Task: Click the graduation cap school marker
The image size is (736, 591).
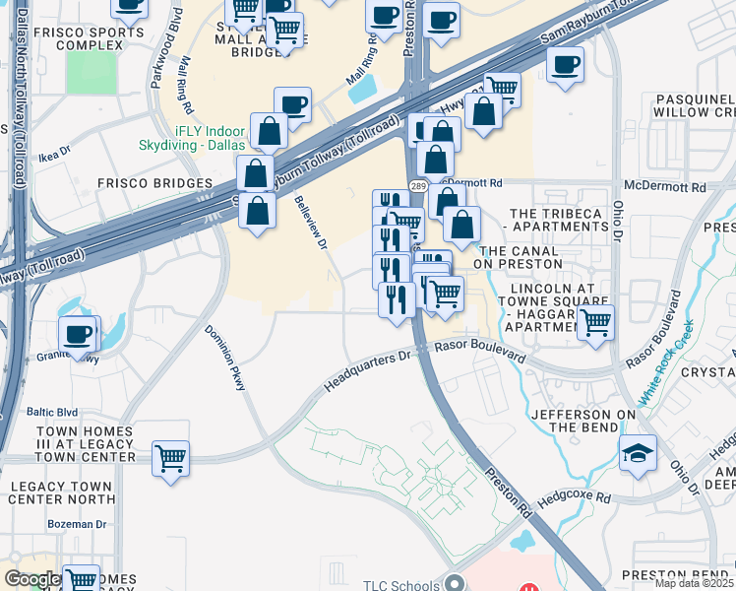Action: pyautogui.click(x=639, y=453)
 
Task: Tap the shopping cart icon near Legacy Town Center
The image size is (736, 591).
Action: pyautogui.click(x=171, y=457)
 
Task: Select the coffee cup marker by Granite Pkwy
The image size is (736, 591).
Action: pyautogui.click(x=78, y=334)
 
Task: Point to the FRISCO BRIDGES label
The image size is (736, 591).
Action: pyautogui.click(x=155, y=183)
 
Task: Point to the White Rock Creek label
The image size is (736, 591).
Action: pyautogui.click(x=665, y=362)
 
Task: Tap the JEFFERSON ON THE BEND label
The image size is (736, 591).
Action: pyautogui.click(x=583, y=421)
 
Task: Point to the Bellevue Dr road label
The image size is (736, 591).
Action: pyautogui.click(x=311, y=227)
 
